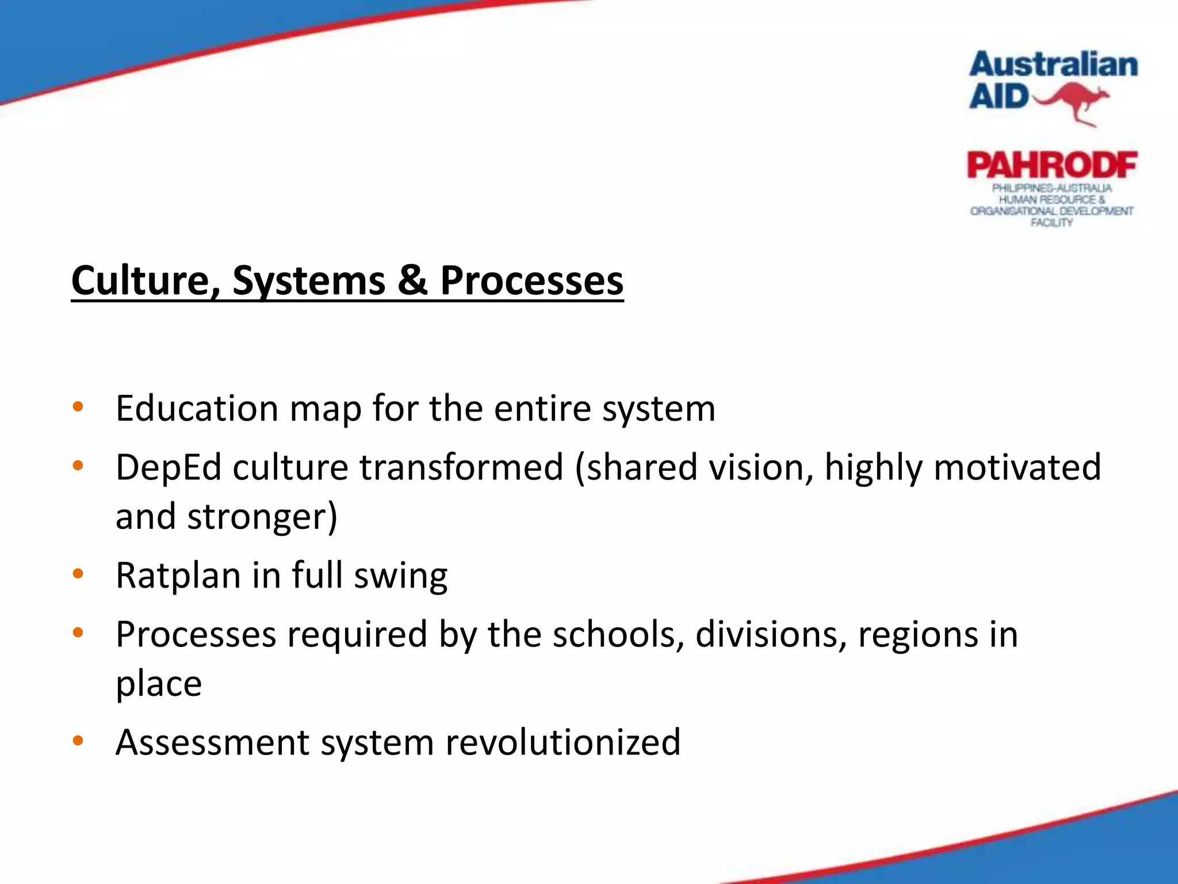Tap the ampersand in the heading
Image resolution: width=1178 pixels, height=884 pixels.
(x=412, y=281)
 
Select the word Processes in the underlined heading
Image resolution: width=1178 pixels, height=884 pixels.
(x=531, y=281)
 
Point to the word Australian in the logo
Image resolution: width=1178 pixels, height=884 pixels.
(x=1053, y=64)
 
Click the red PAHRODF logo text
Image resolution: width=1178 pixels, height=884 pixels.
(x=1052, y=165)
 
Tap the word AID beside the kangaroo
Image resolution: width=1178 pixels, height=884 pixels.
(x=999, y=96)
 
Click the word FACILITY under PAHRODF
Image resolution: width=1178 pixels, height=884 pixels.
(x=1051, y=223)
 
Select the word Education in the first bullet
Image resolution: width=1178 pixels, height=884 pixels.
(x=197, y=409)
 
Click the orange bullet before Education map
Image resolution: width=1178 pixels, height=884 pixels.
(x=78, y=407)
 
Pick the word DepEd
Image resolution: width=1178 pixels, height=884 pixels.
(x=168, y=467)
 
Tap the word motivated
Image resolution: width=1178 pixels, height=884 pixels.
(x=1017, y=467)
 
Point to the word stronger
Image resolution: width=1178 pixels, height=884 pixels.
(x=262, y=517)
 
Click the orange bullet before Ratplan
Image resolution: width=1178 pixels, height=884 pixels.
(x=78, y=574)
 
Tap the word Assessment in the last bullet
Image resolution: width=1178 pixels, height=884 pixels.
(x=212, y=742)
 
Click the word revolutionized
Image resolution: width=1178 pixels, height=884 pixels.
(x=563, y=742)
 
